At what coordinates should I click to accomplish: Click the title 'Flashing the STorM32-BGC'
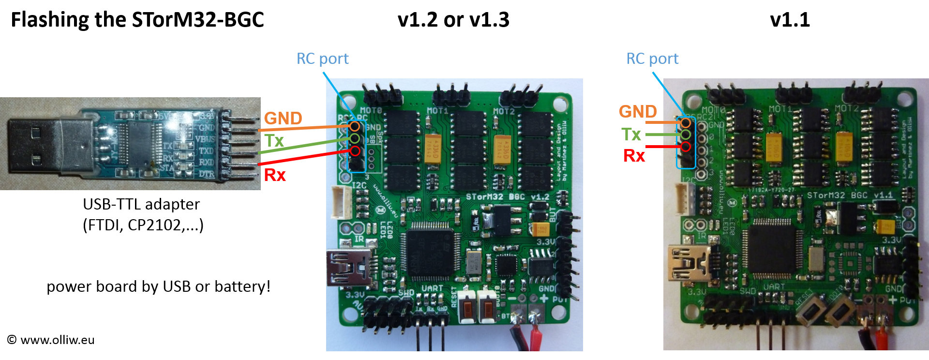tap(137, 20)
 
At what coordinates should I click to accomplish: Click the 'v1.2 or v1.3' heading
tap(453, 20)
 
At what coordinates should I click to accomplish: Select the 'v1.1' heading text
tap(790, 20)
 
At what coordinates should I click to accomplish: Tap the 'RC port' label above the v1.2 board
tap(322, 59)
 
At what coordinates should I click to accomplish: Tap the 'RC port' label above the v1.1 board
tap(652, 59)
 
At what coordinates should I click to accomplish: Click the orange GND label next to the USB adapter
tap(283, 118)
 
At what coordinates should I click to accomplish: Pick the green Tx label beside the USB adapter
tap(274, 141)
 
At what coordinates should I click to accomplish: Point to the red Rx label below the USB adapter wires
tap(275, 175)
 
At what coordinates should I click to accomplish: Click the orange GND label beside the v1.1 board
tap(638, 112)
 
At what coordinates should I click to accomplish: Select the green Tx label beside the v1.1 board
tap(631, 134)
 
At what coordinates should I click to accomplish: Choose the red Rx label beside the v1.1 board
tap(634, 156)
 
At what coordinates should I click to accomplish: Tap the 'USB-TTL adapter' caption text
tap(141, 204)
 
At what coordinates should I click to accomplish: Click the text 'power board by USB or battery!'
tap(158, 286)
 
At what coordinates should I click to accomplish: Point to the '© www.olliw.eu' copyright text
tap(51, 340)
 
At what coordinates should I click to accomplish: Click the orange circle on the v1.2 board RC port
tap(355, 126)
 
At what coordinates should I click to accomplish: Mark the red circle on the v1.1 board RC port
tap(686, 146)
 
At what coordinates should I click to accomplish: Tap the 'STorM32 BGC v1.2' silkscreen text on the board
tap(508, 197)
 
